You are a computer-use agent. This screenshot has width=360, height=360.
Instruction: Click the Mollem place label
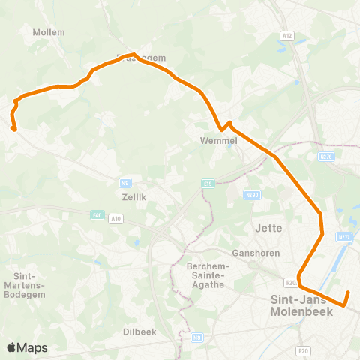pyautogui.click(x=49, y=32)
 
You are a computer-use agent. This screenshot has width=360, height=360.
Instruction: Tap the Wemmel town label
pyautogui.click(x=218, y=140)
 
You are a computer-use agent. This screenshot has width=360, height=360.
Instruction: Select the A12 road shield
pyautogui.click(x=287, y=34)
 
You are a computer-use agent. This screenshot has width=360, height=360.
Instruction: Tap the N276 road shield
pyautogui.click(x=325, y=157)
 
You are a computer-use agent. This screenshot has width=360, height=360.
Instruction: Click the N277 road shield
pyautogui.click(x=344, y=237)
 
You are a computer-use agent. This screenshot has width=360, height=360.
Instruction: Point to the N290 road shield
pyautogui.click(x=252, y=195)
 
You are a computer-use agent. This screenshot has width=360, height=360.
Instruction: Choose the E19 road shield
pyautogui.click(x=208, y=182)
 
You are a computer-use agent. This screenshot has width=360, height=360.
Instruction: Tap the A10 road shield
pyautogui.click(x=115, y=219)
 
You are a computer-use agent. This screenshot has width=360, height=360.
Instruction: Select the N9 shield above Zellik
pyautogui.click(x=126, y=182)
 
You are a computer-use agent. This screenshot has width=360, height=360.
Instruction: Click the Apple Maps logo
pyautogui.click(x=27, y=347)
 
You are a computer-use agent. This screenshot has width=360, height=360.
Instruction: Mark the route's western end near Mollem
pyautogui.click(x=14, y=129)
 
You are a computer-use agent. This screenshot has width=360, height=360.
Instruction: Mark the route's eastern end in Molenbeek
pyautogui.click(x=348, y=292)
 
